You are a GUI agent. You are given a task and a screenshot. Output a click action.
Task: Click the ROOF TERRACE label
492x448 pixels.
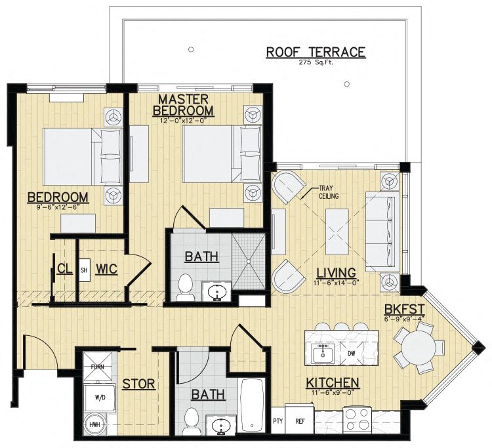tap(316, 52)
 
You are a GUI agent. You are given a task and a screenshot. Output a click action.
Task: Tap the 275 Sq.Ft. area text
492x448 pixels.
tap(316, 62)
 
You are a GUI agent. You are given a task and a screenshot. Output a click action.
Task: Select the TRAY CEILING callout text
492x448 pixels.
tap(328, 192)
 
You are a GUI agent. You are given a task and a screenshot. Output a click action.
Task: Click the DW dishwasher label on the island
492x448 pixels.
tap(352, 354)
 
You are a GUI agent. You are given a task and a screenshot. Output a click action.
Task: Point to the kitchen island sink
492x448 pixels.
tap(322, 354)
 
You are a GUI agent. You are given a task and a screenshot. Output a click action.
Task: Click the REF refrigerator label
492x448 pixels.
tap(300, 421)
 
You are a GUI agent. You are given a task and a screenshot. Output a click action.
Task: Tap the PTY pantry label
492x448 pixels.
tap(277, 421)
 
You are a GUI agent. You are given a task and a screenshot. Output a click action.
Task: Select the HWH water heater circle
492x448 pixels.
tap(95, 425)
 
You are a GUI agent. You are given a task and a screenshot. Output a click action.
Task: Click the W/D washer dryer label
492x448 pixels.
tap(100, 397)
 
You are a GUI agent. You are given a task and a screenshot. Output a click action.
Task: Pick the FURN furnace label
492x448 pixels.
tap(97, 367)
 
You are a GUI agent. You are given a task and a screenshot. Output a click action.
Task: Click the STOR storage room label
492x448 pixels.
tap(138, 384)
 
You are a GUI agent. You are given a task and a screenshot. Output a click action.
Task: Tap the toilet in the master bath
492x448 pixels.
tap(185, 287)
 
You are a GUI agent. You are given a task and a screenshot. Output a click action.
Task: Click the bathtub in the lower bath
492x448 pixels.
tap(251, 405)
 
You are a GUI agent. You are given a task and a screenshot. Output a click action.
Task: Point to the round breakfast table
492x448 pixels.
tap(419, 348)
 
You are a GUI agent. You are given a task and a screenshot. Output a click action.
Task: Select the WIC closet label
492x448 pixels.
tap(107, 269)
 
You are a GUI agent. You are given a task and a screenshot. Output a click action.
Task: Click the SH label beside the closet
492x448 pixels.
tap(84, 270)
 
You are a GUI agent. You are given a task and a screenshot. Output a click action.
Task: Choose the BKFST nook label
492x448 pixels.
tap(405, 310)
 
